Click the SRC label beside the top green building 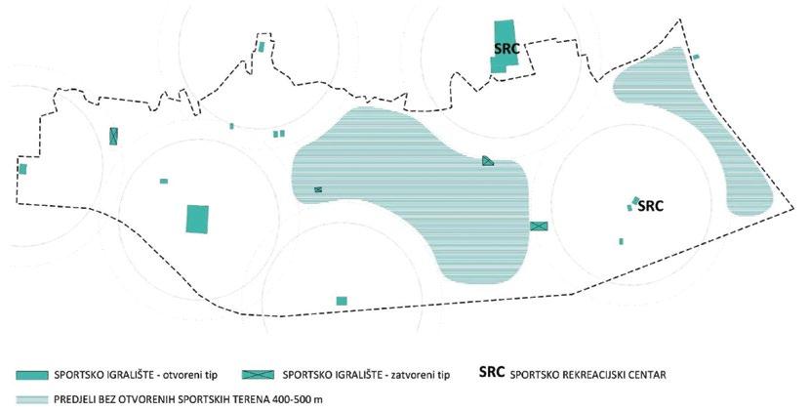[x=506, y=48]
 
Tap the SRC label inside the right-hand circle [x=650, y=206]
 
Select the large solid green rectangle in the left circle [x=198, y=219]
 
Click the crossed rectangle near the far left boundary [x=114, y=137]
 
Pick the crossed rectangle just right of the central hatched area [x=539, y=226]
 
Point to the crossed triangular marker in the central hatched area [x=488, y=161]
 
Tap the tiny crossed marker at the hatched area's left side [x=318, y=189]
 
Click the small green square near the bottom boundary [x=341, y=300]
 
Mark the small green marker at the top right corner [x=695, y=58]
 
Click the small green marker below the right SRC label [x=621, y=241]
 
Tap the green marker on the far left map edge [x=22, y=169]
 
